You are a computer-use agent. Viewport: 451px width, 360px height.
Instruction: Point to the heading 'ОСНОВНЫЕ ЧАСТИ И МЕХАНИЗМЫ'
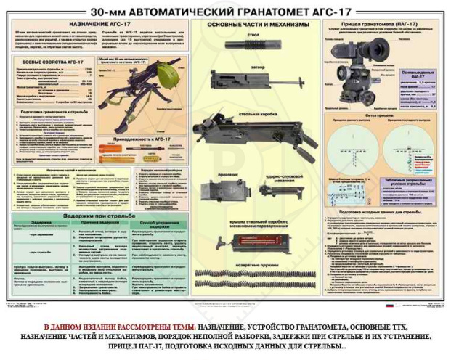(x=256, y=25)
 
